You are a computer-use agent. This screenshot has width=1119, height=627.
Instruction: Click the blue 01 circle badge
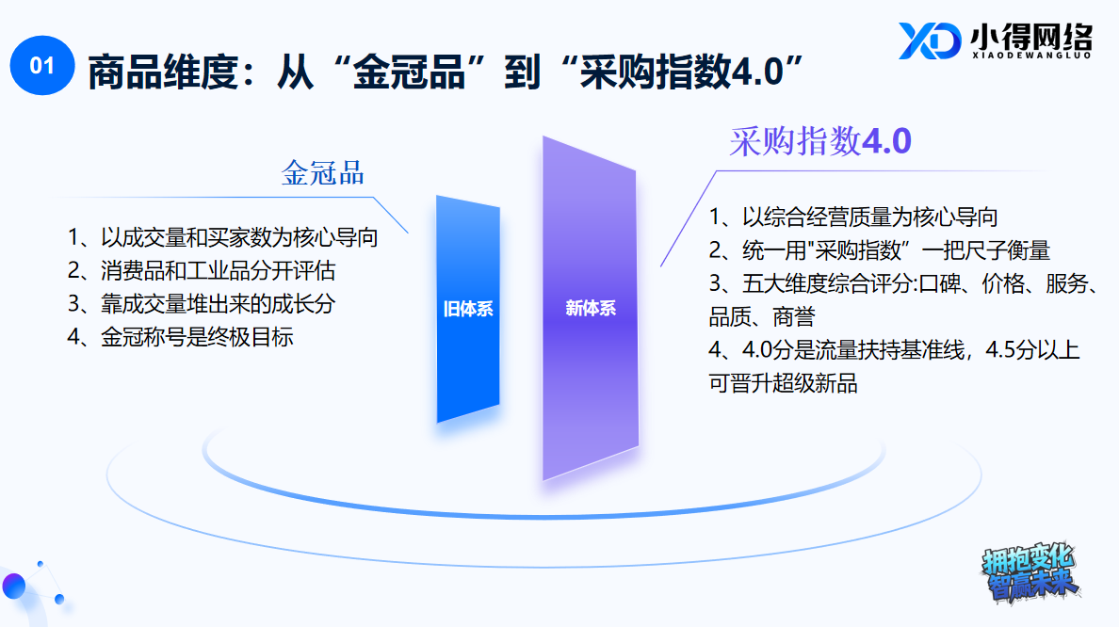[x=42, y=66]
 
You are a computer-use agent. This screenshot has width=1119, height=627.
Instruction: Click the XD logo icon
[x=929, y=40]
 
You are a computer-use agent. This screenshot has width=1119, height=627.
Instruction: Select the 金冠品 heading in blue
[x=322, y=173]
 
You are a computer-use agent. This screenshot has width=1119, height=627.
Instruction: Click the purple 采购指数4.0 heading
[x=820, y=141]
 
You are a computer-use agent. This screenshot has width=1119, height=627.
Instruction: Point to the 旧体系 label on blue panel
[x=468, y=309]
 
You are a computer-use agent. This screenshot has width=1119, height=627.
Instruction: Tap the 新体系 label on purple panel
[x=591, y=308]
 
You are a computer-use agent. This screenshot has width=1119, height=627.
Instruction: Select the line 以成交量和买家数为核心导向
[x=222, y=237]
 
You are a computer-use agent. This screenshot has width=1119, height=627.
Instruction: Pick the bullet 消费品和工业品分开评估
[x=202, y=271]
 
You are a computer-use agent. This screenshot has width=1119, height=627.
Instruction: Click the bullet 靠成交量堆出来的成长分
[x=202, y=304]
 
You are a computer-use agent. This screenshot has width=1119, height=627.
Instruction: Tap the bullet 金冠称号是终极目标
[x=180, y=337]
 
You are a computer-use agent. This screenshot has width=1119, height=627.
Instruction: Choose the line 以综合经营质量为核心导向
[x=852, y=217]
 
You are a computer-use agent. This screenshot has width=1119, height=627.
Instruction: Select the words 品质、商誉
[x=762, y=316]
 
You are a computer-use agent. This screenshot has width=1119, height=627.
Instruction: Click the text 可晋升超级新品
[x=783, y=383]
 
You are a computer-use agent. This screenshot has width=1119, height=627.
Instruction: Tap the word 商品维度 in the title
[x=163, y=72]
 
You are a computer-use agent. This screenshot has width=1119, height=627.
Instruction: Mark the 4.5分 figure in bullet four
[x=1012, y=350]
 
